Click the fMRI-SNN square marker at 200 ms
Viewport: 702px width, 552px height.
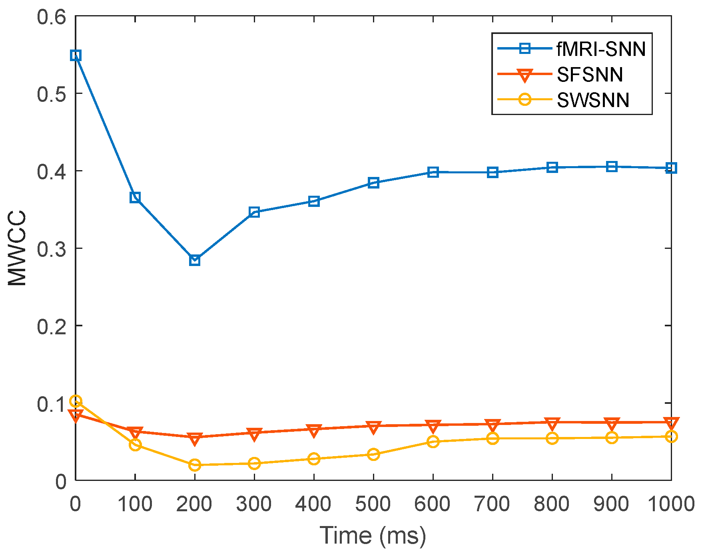(195, 260)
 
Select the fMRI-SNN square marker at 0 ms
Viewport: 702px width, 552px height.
(76, 56)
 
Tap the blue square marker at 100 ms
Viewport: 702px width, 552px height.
(135, 197)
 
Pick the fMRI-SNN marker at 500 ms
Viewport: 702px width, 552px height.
(373, 183)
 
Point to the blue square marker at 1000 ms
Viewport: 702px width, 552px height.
(671, 168)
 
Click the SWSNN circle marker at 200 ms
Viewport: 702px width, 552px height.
(195, 465)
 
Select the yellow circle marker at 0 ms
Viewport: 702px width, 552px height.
(76, 401)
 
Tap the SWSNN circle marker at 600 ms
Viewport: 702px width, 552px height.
(433, 442)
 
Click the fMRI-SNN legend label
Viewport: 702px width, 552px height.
(601, 49)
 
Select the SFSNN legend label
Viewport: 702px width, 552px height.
(590, 74)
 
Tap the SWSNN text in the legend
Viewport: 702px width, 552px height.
(593, 100)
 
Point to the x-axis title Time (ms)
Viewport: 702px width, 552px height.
(373, 535)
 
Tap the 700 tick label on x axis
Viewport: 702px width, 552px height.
(492, 504)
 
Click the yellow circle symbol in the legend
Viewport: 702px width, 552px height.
(525, 99)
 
